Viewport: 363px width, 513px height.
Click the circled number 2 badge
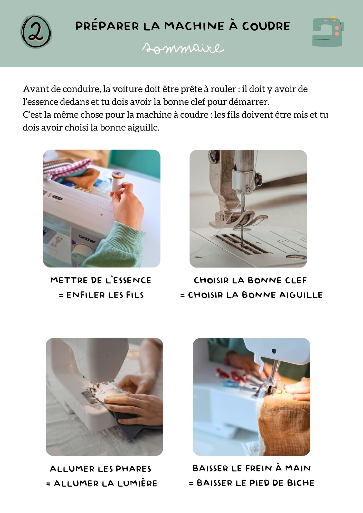[x=36, y=31]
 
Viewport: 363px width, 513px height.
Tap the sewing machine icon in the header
[x=328, y=31]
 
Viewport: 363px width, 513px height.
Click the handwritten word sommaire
[x=183, y=48]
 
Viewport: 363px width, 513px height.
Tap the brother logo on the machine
[x=87, y=239]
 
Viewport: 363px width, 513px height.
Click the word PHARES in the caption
[x=133, y=469]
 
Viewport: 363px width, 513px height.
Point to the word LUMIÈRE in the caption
[x=137, y=483]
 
